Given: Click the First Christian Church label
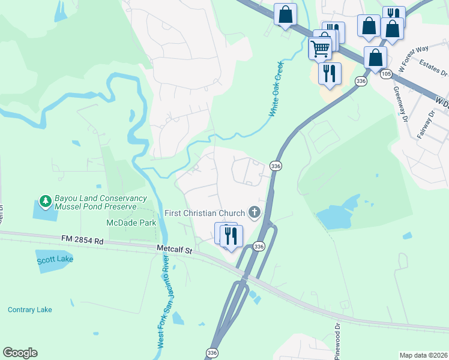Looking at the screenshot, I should pos(205,214).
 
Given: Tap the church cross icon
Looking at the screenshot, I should pos(255,212).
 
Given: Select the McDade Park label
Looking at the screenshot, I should pos(131,223).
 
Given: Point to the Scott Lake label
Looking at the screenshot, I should pos(55,260).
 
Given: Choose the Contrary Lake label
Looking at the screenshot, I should pos(30,310).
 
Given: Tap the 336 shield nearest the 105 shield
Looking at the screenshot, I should pos(360,81).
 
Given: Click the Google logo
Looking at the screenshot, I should pos(20,353).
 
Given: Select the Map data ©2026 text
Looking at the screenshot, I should pos(423,355).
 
